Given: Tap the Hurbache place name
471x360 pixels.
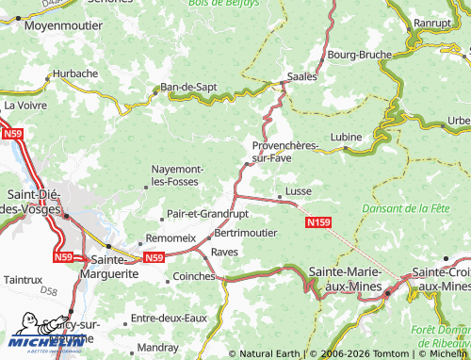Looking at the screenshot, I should coord(75,73).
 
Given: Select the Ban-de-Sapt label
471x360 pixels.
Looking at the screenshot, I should coord(189,87).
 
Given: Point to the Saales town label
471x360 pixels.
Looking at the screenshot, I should coord(301,77).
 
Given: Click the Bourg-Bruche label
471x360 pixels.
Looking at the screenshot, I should coord(359,55).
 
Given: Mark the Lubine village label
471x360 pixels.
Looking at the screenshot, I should coord(346,138).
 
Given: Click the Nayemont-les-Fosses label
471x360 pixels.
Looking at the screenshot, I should coord(186,174).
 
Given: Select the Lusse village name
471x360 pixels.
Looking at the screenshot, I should coord(298,191).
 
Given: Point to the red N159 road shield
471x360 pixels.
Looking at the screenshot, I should coord(318,222).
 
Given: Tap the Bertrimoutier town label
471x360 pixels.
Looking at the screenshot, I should coord(246,232).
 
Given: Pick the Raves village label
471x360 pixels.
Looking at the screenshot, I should coord(224,252).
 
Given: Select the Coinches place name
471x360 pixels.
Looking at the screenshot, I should coord(195,276).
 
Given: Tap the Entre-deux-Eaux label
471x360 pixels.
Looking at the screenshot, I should coord(168,319).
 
